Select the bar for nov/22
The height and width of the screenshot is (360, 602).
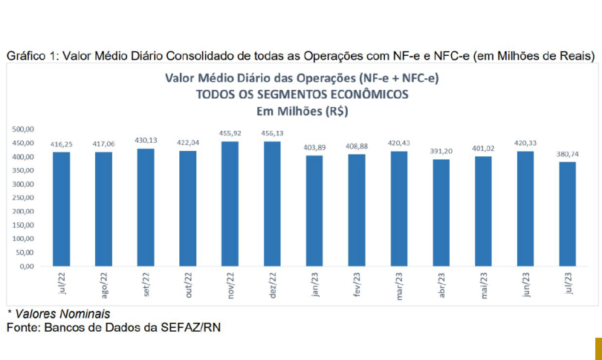click(230, 204)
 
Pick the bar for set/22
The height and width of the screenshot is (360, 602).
click(146, 208)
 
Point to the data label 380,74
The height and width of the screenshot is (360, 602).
click(567, 155)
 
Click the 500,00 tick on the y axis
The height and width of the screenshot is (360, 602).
click(24, 129)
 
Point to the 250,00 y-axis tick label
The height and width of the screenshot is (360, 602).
click(24, 198)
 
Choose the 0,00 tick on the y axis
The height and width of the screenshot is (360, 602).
click(27, 266)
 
